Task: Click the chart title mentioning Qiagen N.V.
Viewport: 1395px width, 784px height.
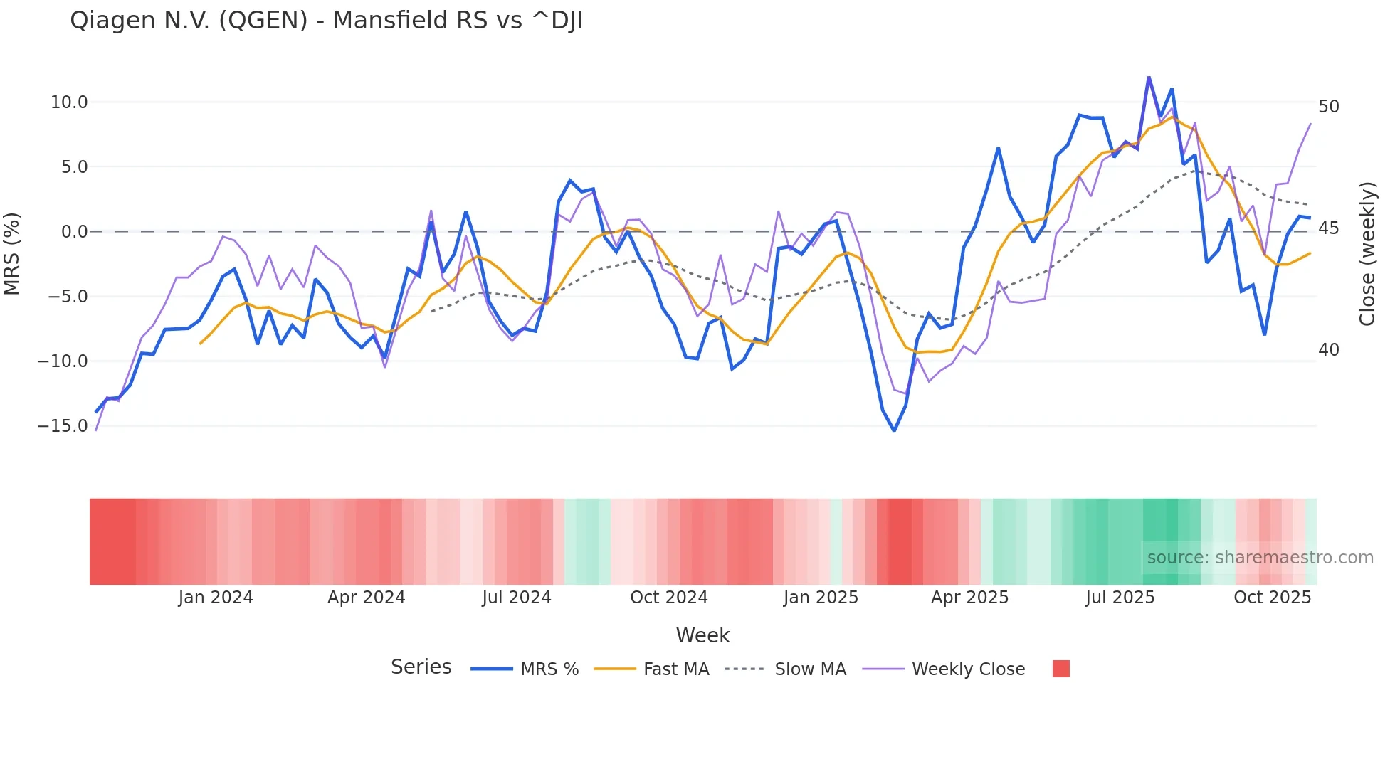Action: pyautogui.click(x=326, y=21)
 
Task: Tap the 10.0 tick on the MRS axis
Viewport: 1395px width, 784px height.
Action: pyautogui.click(x=69, y=102)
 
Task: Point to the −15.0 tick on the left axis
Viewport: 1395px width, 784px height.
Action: pyautogui.click(x=63, y=426)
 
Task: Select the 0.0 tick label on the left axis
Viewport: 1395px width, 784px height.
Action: pyautogui.click(x=74, y=232)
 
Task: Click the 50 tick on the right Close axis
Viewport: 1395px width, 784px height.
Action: pyautogui.click(x=1328, y=107)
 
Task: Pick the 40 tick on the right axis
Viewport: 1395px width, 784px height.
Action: pyautogui.click(x=1328, y=350)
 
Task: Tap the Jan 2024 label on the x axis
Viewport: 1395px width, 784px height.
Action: pyautogui.click(x=216, y=598)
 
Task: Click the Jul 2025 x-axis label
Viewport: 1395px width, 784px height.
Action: pyautogui.click(x=1120, y=598)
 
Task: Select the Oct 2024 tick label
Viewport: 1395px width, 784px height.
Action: pyautogui.click(x=668, y=598)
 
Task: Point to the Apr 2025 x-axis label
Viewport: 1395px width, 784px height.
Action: pyautogui.click(x=969, y=598)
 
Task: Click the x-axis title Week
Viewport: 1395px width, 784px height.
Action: pyautogui.click(x=702, y=635)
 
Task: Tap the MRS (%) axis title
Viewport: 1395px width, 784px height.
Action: pyautogui.click(x=12, y=254)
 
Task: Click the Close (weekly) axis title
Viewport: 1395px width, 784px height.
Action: pyautogui.click(x=1367, y=254)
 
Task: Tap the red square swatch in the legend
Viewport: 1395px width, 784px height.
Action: pyautogui.click(x=1060, y=669)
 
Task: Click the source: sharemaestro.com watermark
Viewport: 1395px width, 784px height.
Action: pyautogui.click(x=1260, y=558)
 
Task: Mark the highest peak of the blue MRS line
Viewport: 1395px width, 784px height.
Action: pyautogui.click(x=1149, y=77)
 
